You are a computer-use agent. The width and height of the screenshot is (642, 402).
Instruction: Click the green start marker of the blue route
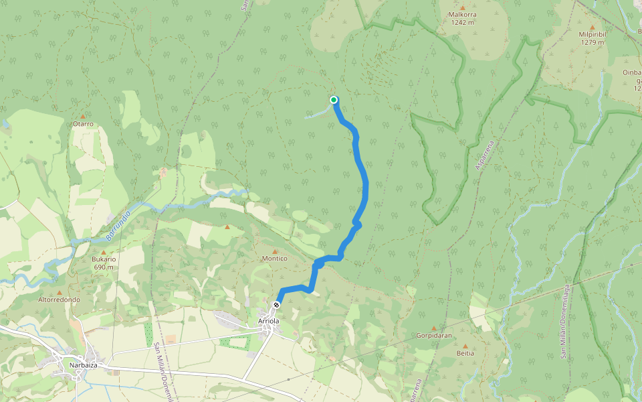[334, 100]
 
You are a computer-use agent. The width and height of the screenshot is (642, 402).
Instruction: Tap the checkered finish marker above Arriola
[276, 306]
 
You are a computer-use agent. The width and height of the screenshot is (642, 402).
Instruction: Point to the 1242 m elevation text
[462, 22]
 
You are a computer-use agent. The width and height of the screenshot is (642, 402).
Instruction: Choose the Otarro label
[83, 124]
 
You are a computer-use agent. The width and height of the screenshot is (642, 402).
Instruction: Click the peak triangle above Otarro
[83, 116]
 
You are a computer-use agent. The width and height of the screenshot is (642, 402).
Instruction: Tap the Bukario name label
[104, 259]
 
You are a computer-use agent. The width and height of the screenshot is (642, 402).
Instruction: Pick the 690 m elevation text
[104, 267]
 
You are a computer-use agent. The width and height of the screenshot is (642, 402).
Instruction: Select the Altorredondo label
[60, 300]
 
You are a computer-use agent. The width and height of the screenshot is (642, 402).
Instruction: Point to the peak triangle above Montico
[274, 251]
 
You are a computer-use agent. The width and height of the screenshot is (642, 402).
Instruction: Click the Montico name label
[274, 259]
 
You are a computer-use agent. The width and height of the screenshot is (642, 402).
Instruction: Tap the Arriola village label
[268, 322]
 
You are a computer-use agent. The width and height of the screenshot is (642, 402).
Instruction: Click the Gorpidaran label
[433, 334]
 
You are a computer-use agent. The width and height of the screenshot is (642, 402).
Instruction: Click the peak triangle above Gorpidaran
[433, 327]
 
